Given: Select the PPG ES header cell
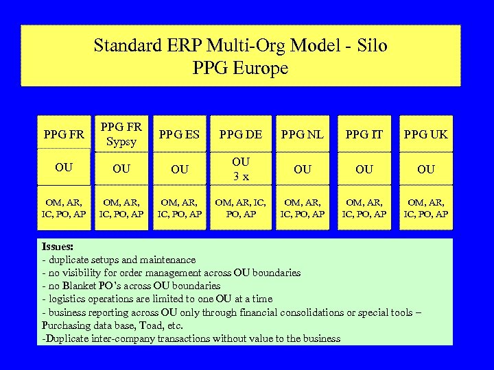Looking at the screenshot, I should pos(179,134).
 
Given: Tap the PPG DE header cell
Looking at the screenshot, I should pos(240,134).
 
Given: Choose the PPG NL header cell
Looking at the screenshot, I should pos(303,134).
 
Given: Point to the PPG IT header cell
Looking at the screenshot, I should pos(364,134).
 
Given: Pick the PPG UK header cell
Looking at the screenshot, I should pos(425,134).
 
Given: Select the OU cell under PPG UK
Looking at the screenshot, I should pos(425,169).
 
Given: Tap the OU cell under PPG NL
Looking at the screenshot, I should pos(303,169).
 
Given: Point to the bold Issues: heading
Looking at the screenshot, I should pos(58,247).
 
